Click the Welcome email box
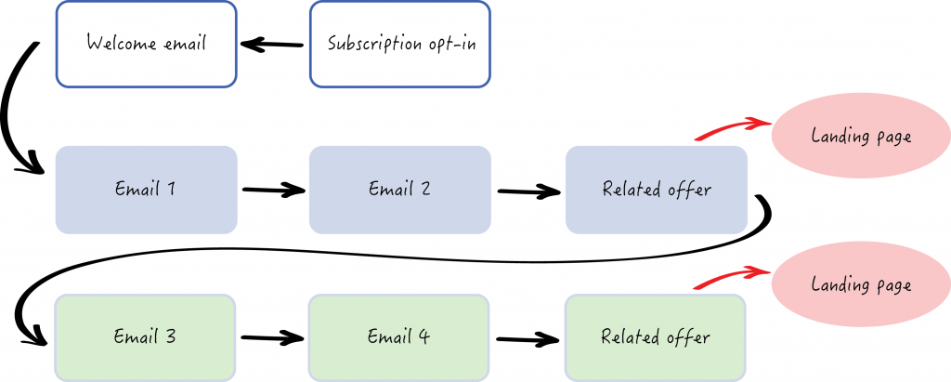[x=146, y=44]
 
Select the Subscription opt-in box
[x=399, y=44]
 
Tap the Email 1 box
[x=146, y=190]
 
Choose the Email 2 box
[x=399, y=190]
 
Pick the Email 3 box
[x=146, y=336]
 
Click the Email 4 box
[x=399, y=336]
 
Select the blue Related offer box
[x=656, y=190]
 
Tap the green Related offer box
[x=656, y=336]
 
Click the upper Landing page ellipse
[x=861, y=137]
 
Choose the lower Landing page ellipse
[x=861, y=284]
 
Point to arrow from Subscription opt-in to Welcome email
[x=272, y=44]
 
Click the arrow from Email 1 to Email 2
[x=273, y=191]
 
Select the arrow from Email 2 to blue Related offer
[x=528, y=191]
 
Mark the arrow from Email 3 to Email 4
[x=272, y=338]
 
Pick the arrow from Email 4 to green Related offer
[x=528, y=339]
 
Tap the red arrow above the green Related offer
[x=731, y=276]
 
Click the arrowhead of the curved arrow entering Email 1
[x=35, y=168]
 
